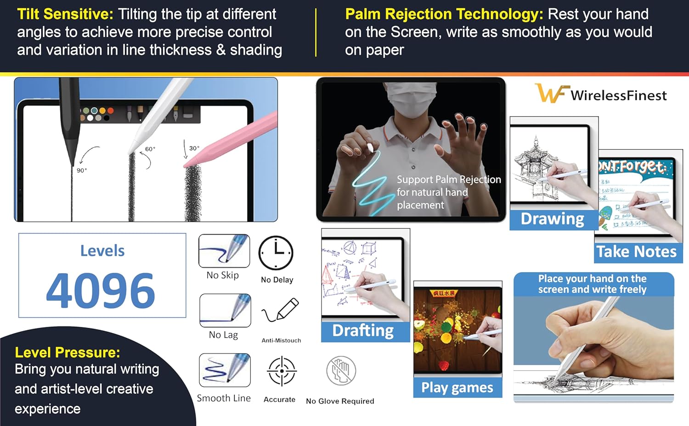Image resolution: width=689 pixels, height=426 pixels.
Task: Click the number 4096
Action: (x=101, y=290)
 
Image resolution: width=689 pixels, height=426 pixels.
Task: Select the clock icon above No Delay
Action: (x=276, y=253)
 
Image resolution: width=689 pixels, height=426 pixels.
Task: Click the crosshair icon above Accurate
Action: (x=282, y=371)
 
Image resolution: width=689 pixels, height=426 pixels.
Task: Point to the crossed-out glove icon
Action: (x=341, y=371)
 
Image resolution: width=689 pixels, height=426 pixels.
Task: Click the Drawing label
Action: (x=552, y=219)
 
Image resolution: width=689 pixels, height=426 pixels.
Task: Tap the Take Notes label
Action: (x=637, y=252)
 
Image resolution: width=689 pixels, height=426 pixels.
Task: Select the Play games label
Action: (x=457, y=387)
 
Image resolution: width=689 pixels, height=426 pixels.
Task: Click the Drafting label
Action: (x=363, y=331)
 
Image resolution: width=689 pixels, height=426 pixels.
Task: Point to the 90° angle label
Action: (x=82, y=170)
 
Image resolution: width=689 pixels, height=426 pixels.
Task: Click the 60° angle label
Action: (x=150, y=149)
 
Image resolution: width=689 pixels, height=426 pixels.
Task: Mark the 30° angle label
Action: (x=194, y=148)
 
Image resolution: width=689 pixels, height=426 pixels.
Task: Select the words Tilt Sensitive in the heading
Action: (x=65, y=14)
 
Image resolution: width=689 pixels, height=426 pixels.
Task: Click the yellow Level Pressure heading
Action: (x=68, y=352)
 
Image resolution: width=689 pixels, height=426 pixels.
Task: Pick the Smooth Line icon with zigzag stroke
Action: (x=225, y=370)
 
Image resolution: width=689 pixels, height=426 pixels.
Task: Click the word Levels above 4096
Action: (x=102, y=251)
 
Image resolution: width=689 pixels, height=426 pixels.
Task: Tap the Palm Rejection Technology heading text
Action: (x=444, y=14)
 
